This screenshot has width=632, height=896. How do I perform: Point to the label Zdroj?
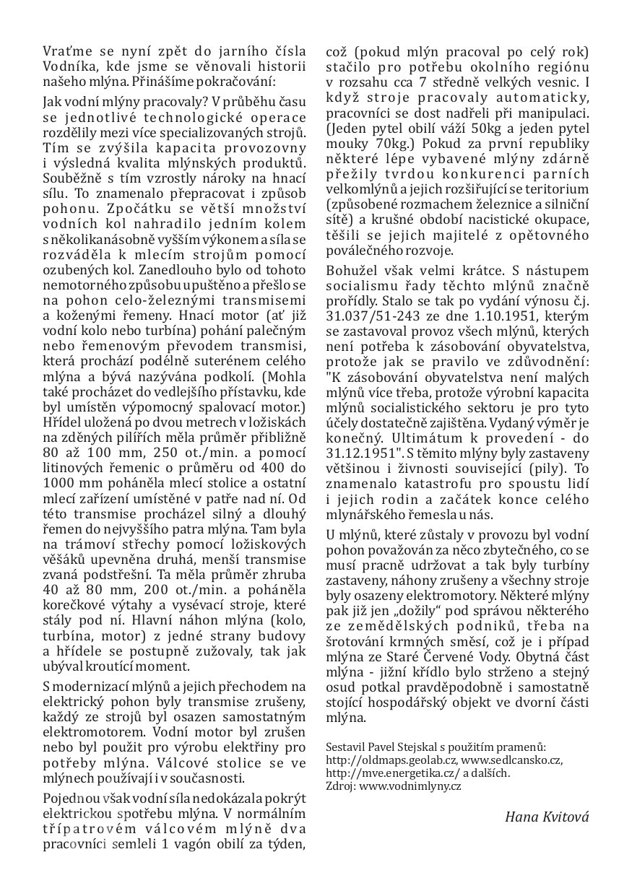pyautogui.click(x=340, y=786)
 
